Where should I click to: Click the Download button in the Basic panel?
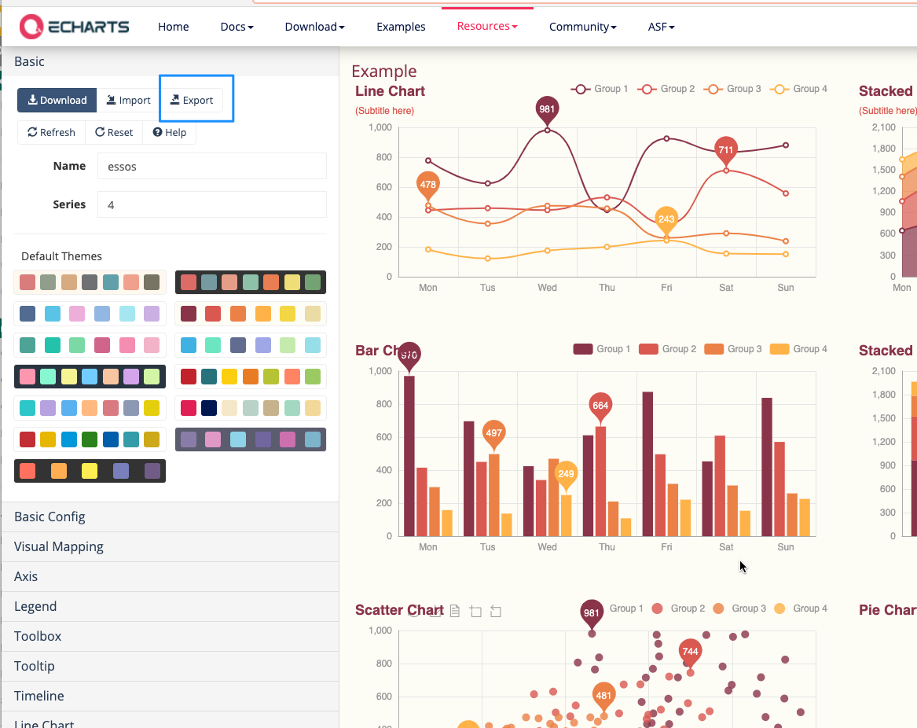click(57, 100)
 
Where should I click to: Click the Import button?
click(128, 100)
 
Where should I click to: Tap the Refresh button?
click(51, 132)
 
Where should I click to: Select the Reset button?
click(114, 132)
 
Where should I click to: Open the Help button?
click(170, 132)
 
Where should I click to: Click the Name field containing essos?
click(211, 166)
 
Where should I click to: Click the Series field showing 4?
click(211, 204)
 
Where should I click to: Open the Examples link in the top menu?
click(401, 27)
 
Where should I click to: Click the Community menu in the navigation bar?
click(582, 27)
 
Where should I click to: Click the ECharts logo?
click(75, 26)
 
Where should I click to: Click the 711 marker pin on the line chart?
click(725, 149)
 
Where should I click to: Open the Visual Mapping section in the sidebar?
click(59, 546)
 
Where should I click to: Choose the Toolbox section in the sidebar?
click(38, 636)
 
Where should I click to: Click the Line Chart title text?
click(390, 91)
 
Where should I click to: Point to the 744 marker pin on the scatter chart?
click(690, 651)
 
